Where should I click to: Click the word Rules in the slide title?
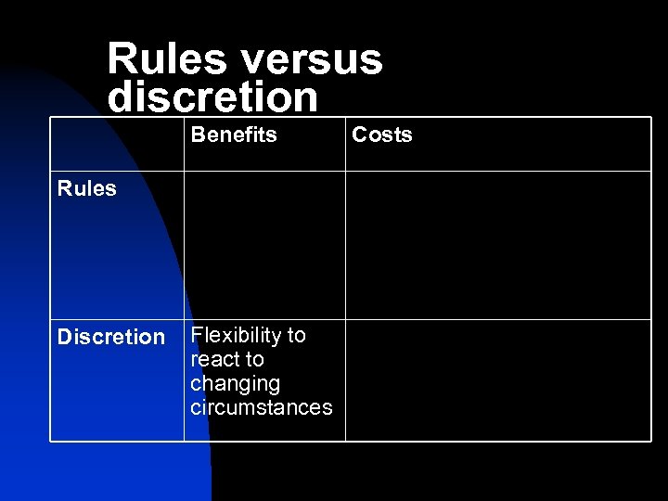(x=166, y=59)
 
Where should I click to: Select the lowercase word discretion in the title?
(x=212, y=96)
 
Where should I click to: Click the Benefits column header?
(x=234, y=135)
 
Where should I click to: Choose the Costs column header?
(x=381, y=135)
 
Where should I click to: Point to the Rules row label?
(x=86, y=188)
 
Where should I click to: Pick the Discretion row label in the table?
(x=110, y=337)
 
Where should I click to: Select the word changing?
(x=235, y=383)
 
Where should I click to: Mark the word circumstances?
(x=261, y=407)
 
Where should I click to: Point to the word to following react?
(x=255, y=359)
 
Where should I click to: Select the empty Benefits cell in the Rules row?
(x=264, y=246)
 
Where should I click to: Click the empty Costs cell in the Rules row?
(x=497, y=246)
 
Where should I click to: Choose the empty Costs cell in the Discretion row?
(x=497, y=380)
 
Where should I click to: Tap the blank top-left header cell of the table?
(x=117, y=144)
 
